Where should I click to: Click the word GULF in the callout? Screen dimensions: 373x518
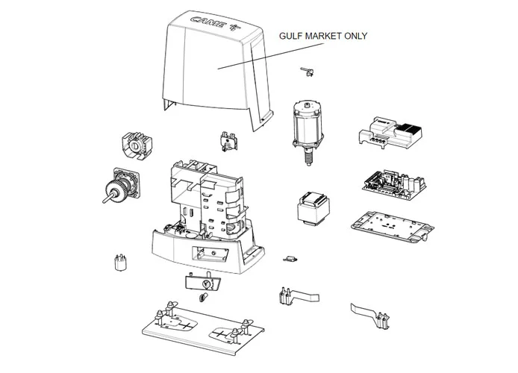pyautogui.click(x=292, y=36)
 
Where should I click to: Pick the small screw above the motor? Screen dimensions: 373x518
pyautogui.click(x=305, y=70)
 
